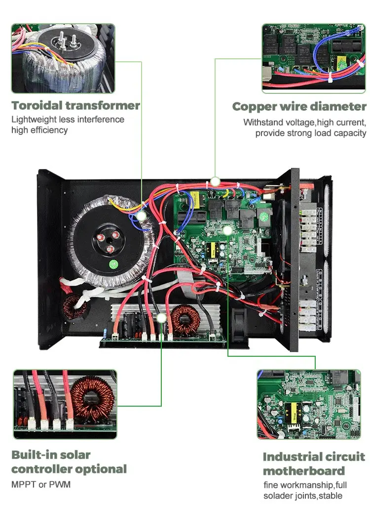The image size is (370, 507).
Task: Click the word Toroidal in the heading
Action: pyautogui.click(x=37, y=105)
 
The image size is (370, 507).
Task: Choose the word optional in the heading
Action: pyautogui.click(x=101, y=469)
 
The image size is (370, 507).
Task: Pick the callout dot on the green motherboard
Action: pyautogui.click(x=227, y=230)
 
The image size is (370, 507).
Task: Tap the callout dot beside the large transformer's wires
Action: pyautogui.click(x=141, y=216)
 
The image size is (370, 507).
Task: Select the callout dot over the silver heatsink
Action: pyautogui.click(x=161, y=318)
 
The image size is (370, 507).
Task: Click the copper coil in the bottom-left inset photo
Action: pyautogui.click(x=92, y=398)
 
